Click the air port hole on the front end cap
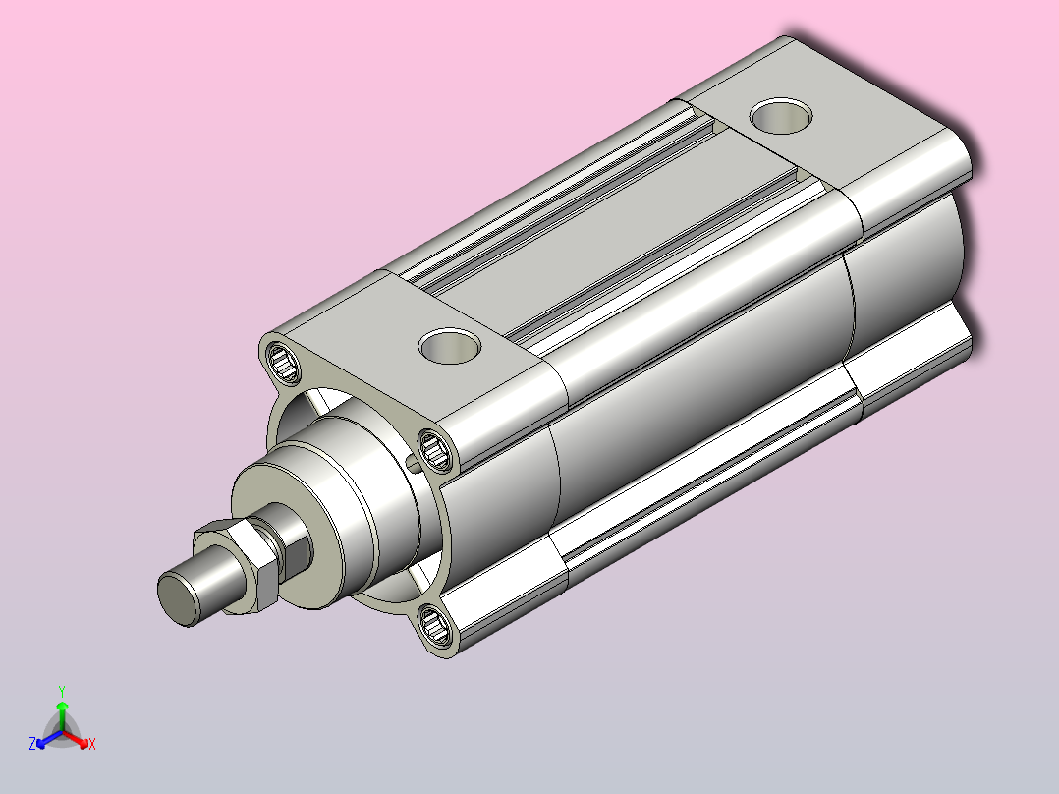pyautogui.click(x=450, y=345)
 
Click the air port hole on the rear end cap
pyautogui.click(x=781, y=116)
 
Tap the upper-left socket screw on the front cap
pyautogui.click(x=282, y=363)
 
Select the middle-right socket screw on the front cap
pyautogui.click(x=435, y=449)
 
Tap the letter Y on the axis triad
pyautogui.click(x=62, y=691)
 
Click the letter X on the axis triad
pyautogui.click(x=92, y=744)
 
